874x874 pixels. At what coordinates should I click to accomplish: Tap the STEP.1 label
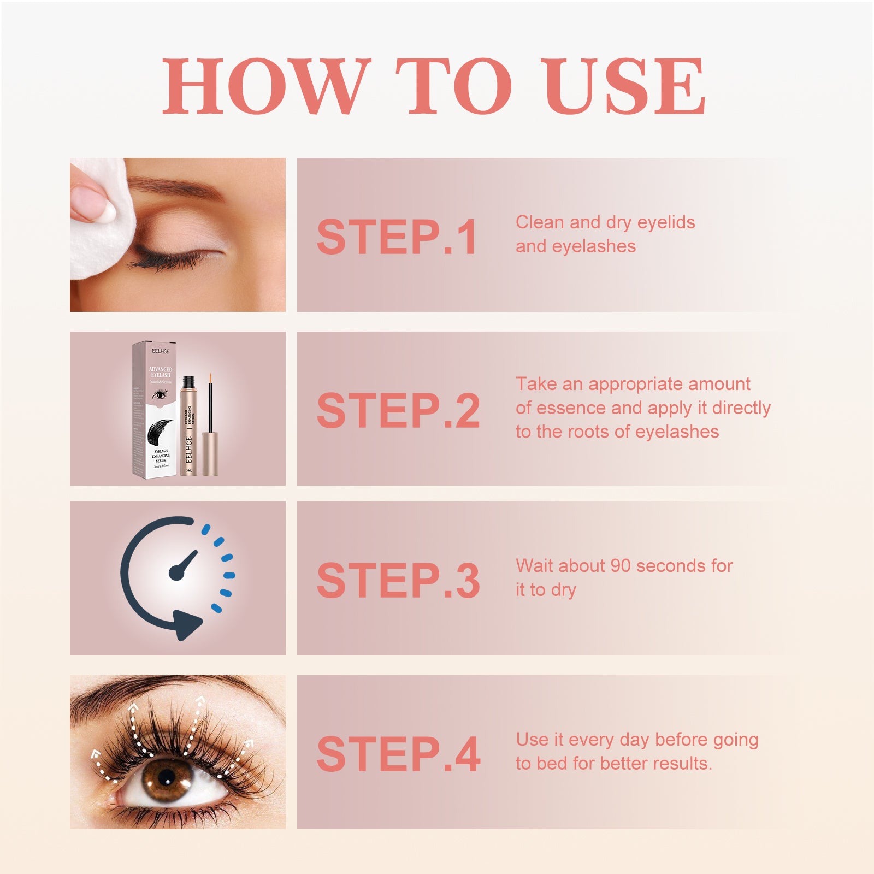pyautogui.click(x=397, y=237)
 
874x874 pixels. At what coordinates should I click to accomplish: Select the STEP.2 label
pyautogui.click(x=398, y=410)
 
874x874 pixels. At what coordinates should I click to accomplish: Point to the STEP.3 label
pyautogui.click(x=398, y=580)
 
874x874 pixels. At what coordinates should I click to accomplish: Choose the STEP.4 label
pyautogui.click(x=398, y=754)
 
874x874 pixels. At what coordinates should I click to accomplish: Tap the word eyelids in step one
pyautogui.click(x=666, y=222)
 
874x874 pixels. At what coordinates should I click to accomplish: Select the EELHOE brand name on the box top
pyautogui.click(x=161, y=351)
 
